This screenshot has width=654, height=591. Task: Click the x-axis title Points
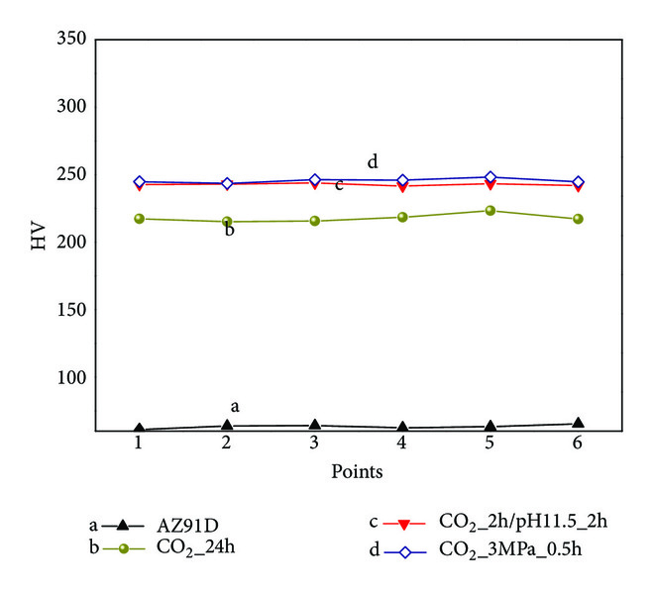tap(358, 472)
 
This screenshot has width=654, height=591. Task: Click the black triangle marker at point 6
tap(578, 423)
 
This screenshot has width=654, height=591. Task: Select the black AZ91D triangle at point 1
tap(140, 430)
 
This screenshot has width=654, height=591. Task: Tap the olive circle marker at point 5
tap(490, 210)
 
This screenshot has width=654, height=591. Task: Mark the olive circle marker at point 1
tap(140, 219)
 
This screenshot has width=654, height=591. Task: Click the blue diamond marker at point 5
tap(490, 177)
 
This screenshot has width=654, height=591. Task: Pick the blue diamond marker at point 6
tap(578, 182)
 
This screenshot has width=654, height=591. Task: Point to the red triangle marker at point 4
tap(402, 186)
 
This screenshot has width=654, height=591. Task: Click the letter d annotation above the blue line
tap(373, 162)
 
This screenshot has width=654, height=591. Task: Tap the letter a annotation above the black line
tap(235, 406)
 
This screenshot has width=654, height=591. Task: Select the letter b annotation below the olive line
tap(229, 231)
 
